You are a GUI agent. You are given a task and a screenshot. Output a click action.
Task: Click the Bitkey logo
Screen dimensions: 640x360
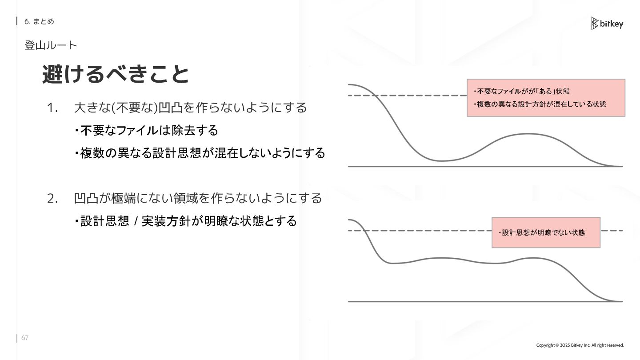pyautogui.click(x=607, y=24)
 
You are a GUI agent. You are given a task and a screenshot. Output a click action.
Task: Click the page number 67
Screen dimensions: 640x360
pyautogui.click(x=25, y=338)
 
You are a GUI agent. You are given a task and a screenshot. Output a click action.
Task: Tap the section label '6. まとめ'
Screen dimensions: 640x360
pyautogui.click(x=39, y=21)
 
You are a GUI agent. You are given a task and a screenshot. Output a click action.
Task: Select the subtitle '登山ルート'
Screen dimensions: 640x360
pyautogui.click(x=51, y=45)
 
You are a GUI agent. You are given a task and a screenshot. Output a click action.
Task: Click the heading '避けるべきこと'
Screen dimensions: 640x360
pyautogui.click(x=116, y=74)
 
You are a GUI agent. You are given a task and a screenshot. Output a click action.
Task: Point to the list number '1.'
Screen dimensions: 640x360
pyautogui.click(x=52, y=108)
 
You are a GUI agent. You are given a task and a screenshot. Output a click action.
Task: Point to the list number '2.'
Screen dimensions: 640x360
pyautogui.click(x=52, y=198)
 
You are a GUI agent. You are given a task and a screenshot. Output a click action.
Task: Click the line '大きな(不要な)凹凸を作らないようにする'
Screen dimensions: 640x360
pyautogui.click(x=190, y=108)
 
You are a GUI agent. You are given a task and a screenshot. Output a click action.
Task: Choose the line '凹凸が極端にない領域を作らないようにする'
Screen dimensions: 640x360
pyautogui.click(x=198, y=198)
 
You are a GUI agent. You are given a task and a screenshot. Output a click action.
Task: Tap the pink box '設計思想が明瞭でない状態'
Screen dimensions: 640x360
pyautogui.click(x=546, y=232)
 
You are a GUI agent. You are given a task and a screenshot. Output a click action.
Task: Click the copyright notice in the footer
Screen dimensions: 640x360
pyautogui.click(x=580, y=345)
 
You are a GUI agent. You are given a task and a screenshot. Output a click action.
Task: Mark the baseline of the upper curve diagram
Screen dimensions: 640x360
pyautogui.click(x=484, y=167)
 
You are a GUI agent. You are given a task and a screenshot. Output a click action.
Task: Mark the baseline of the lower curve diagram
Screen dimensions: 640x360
pyautogui.click(x=484, y=302)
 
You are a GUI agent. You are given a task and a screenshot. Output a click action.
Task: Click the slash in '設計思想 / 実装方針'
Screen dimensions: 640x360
pyautogui.click(x=135, y=221)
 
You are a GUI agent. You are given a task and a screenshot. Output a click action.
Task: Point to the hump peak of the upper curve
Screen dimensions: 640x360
pyautogui.click(x=528, y=134)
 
